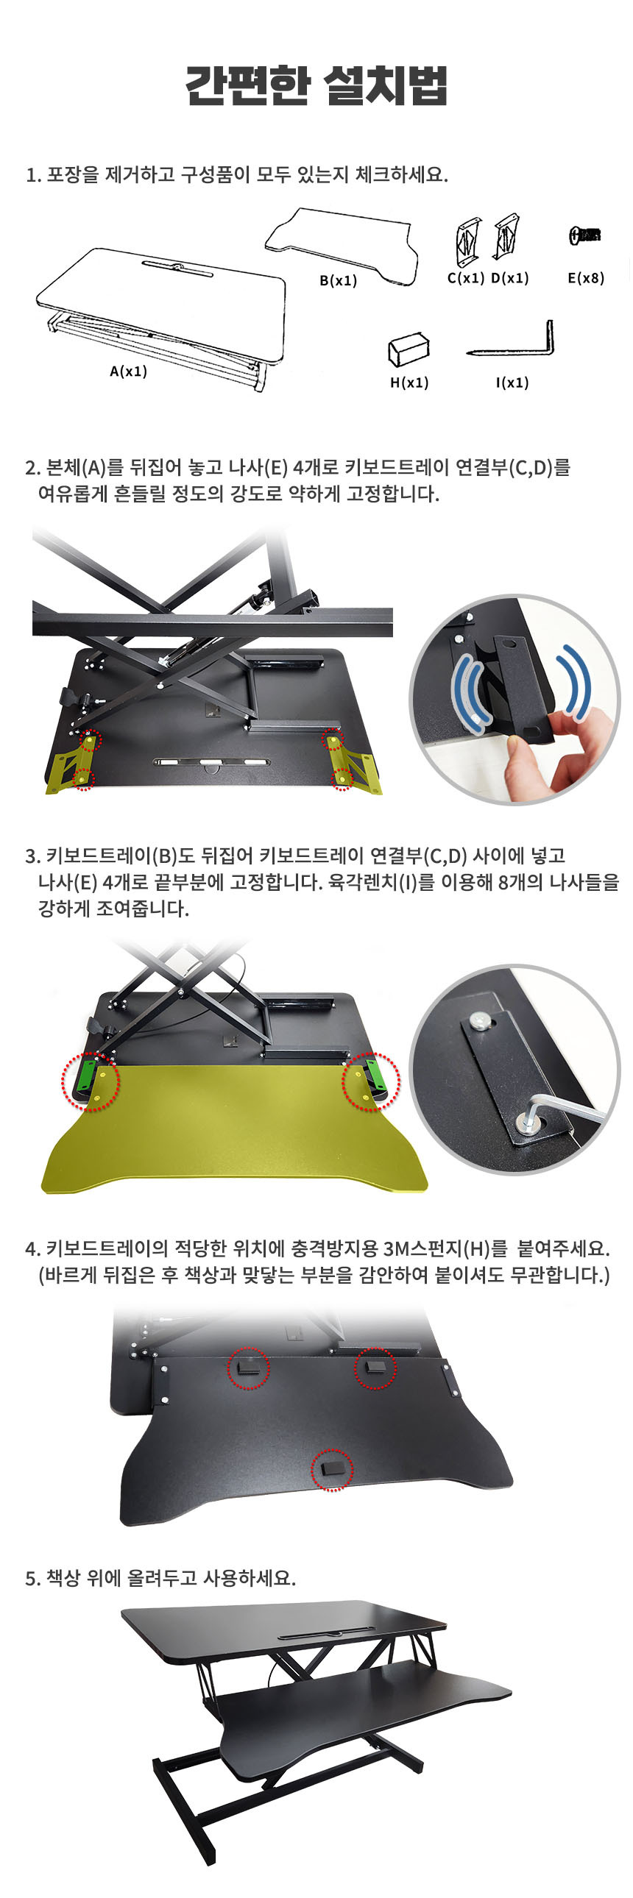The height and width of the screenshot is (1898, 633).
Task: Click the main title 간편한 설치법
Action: tap(316, 85)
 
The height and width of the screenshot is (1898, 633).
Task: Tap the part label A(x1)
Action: tap(128, 372)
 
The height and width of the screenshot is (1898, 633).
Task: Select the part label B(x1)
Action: tap(339, 281)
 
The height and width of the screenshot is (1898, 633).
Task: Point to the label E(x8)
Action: tap(586, 278)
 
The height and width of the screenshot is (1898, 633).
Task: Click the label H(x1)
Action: tap(409, 383)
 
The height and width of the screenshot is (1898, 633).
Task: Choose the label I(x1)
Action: tap(512, 383)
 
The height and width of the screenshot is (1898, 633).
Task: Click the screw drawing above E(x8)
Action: tap(585, 235)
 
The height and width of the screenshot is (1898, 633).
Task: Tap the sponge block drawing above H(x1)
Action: tap(409, 349)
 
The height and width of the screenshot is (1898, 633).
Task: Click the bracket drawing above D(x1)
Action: tap(506, 235)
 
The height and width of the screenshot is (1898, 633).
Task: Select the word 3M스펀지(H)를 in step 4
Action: tap(446, 1249)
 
